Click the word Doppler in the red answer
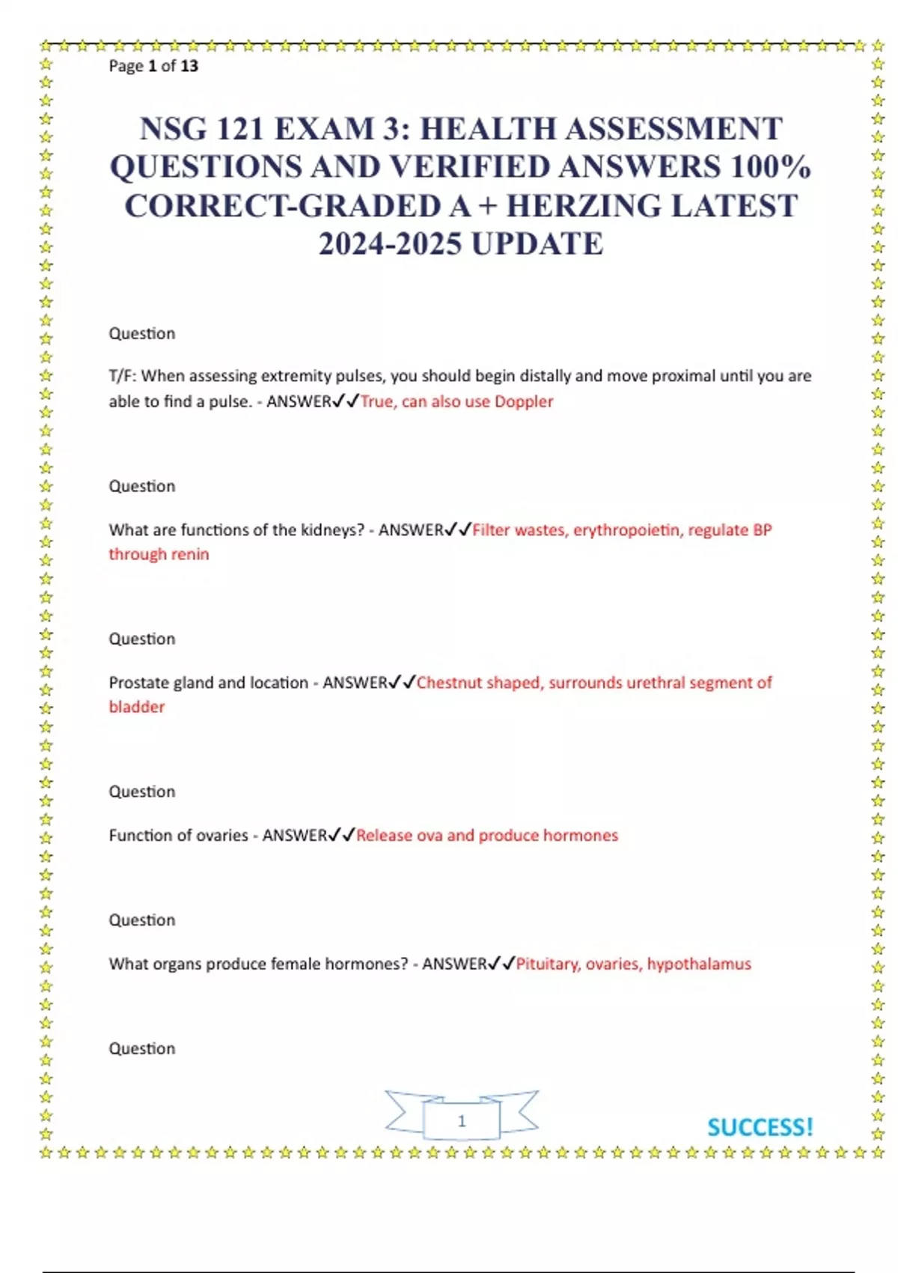pos(524,401)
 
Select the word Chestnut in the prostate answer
pos(443,683)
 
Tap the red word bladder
pos(136,707)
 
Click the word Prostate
pos(139,683)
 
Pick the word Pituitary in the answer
pos(548,964)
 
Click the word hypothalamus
pos(699,964)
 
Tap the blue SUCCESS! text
pos(760,1127)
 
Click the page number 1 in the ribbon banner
pos(462,1121)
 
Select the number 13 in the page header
pos(189,66)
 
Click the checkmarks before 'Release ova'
pos(342,835)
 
